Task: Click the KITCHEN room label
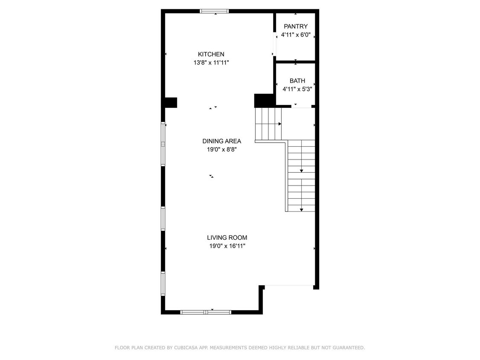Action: [x=211, y=54]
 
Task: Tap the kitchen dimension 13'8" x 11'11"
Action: [x=211, y=63]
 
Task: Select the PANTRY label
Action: [x=296, y=26]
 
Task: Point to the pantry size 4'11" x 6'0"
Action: [x=296, y=35]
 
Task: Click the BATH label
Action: [x=297, y=81]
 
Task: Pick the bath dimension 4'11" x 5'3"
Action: [x=297, y=89]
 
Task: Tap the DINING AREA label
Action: [x=221, y=141]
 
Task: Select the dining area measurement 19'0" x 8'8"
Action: [x=221, y=150]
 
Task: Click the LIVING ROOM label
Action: [x=227, y=238]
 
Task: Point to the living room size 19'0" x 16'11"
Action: [x=227, y=246]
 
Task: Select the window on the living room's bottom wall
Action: [x=206, y=312]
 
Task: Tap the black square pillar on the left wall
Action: [x=171, y=102]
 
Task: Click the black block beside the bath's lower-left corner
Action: [x=265, y=101]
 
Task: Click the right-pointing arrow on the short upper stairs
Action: [x=279, y=124]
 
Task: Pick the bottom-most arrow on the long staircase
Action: [x=301, y=209]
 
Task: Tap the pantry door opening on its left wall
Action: [x=274, y=44]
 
